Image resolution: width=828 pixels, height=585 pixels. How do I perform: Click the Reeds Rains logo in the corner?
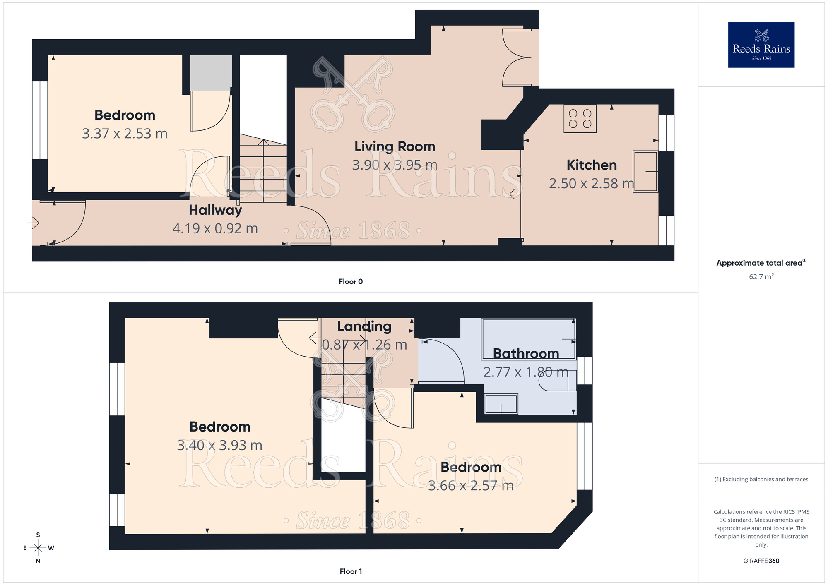click(761, 45)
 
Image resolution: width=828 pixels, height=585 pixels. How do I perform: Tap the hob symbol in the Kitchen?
click(580, 119)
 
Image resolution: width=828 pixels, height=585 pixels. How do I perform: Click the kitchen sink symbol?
click(645, 171)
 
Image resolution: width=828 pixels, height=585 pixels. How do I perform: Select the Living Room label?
click(395, 146)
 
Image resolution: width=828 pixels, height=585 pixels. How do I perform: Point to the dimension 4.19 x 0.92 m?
click(215, 228)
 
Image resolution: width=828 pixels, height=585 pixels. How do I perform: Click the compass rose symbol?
click(38, 548)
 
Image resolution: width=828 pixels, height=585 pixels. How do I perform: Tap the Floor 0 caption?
click(350, 282)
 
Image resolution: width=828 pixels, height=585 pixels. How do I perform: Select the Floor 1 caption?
click(350, 571)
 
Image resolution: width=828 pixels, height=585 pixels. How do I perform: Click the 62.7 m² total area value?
click(761, 277)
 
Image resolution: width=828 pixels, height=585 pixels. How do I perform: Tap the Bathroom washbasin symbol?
click(501, 404)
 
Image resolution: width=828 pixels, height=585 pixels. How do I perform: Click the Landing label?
click(364, 326)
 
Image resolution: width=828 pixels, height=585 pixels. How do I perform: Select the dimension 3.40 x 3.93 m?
click(219, 446)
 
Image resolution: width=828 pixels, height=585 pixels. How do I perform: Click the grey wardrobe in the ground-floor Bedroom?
click(211, 73)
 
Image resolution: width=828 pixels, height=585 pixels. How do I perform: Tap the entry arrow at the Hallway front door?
click(33, 223)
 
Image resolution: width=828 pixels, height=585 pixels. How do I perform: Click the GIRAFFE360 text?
click(761, 561)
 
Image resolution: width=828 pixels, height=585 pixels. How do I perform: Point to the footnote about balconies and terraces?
click(761, 480)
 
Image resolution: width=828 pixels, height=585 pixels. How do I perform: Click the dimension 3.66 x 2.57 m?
click(471, 486)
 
